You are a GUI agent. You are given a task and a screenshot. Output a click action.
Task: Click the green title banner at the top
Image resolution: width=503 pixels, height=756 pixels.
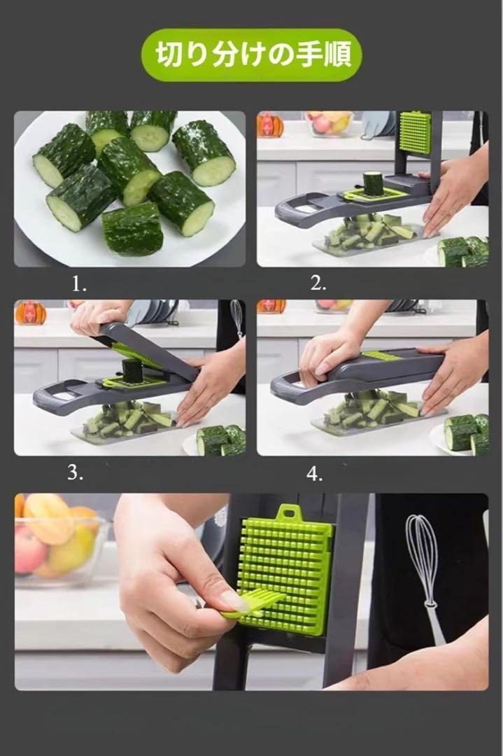click(251, 55)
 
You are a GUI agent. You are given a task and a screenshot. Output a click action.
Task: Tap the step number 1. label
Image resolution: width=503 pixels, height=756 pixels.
click(79, 284)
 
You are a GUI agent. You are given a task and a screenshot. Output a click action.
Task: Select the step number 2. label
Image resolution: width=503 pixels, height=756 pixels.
click(318, 283)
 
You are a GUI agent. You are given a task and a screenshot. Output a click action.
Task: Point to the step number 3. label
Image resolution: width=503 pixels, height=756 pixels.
click(75, 473)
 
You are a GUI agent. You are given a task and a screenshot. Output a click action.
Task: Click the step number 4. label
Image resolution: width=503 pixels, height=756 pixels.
click(315, 474)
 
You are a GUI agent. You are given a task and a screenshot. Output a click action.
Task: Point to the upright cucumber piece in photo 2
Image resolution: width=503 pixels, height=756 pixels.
click(371, 183)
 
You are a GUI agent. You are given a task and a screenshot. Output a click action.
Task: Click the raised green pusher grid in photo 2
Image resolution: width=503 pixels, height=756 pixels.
click(414, 132)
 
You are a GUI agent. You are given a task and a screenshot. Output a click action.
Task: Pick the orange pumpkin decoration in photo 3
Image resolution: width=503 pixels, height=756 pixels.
click(30, 312)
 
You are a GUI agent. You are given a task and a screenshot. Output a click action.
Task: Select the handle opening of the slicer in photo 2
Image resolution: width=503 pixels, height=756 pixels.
click(303, 209)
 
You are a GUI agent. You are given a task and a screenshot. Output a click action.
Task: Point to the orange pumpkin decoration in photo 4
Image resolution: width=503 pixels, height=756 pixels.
click(271, 306)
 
